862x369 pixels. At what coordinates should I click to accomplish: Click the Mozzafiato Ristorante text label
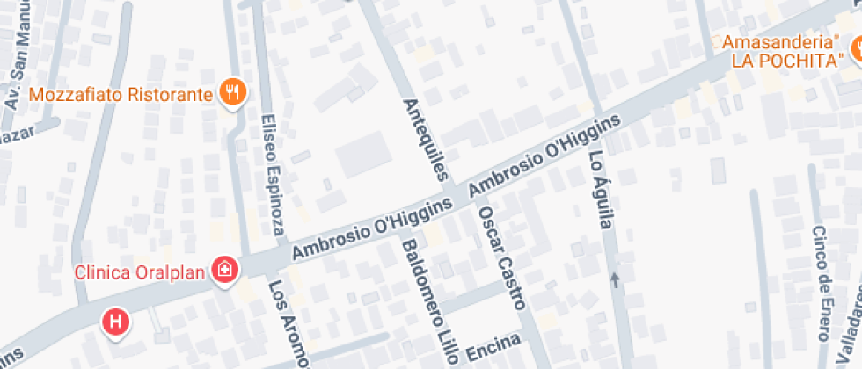point(121,94)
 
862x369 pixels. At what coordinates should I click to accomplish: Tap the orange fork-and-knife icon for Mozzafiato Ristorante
point(233,92)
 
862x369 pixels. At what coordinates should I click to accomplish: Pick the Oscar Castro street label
point(500,258)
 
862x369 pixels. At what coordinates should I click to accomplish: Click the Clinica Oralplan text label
point(142,271)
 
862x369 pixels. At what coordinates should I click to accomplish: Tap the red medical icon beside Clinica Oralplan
point(226,270)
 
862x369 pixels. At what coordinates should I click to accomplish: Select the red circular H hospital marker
point(115,322)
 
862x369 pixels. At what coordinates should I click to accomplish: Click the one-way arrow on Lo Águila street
point(614,280)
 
